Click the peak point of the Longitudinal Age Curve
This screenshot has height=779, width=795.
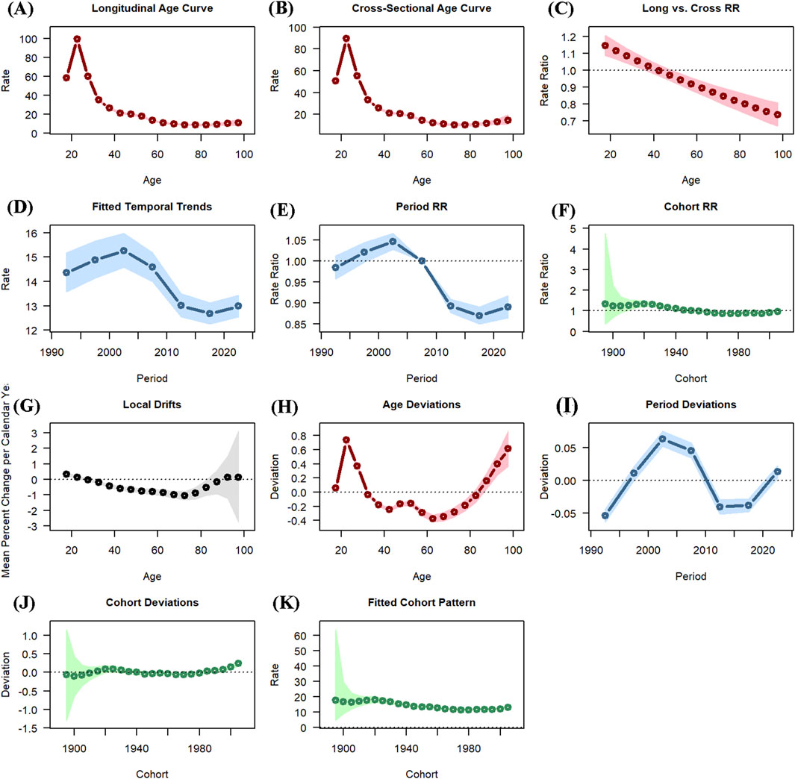coord(77,39)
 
